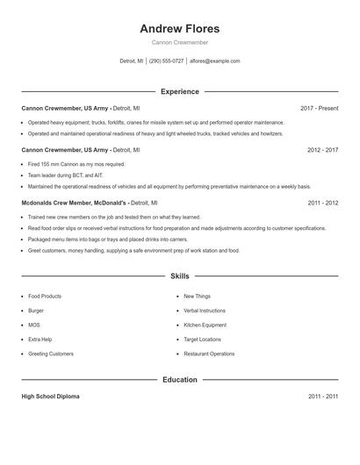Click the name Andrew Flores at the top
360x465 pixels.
click(179, 28)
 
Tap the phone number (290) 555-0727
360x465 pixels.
click(166, 61)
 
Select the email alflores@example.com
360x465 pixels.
click(215, 61)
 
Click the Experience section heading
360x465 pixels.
click(179, 91)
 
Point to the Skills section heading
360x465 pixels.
click(179, 275)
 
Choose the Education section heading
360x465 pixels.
click(179, 380)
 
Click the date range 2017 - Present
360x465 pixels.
click(319, 108)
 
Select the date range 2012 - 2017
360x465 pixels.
click(322, 150)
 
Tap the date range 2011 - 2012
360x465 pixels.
click(322, 203)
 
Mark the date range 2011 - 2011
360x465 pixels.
click(322, 397)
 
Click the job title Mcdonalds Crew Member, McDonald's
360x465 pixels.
click(75, 203)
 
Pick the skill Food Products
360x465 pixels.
click(45, 297)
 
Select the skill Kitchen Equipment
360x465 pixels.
click(205, 325)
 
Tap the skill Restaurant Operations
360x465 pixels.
click(209, 354)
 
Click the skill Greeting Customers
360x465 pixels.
click(51, 354)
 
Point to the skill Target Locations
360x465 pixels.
click(202, 339)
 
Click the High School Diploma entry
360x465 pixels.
click(50, 397)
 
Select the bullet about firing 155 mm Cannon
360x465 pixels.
click(76, 164)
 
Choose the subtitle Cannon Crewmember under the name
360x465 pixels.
click(179, 42)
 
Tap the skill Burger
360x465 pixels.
click(36, 311)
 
